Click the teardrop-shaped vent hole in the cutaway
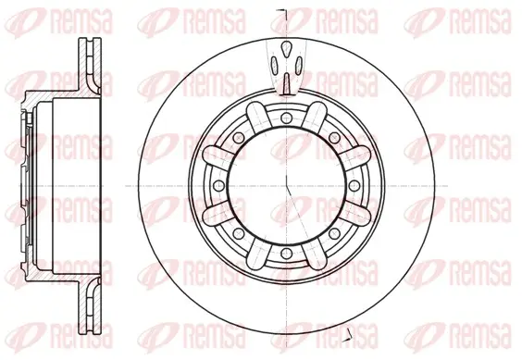[x=286, y=49]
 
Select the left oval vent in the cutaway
[x=275, y=65]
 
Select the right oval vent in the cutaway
[x=299, y=65]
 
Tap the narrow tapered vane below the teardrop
[x=287, y=83]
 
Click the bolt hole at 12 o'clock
[x=286, y=118]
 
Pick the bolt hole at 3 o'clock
[x=354, y=185]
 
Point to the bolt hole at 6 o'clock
[x=286, y=254]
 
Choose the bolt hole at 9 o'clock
[x=218, y=185]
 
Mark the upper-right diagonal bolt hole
[x=334, y=137]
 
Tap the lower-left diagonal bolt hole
[x=239, y=233]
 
